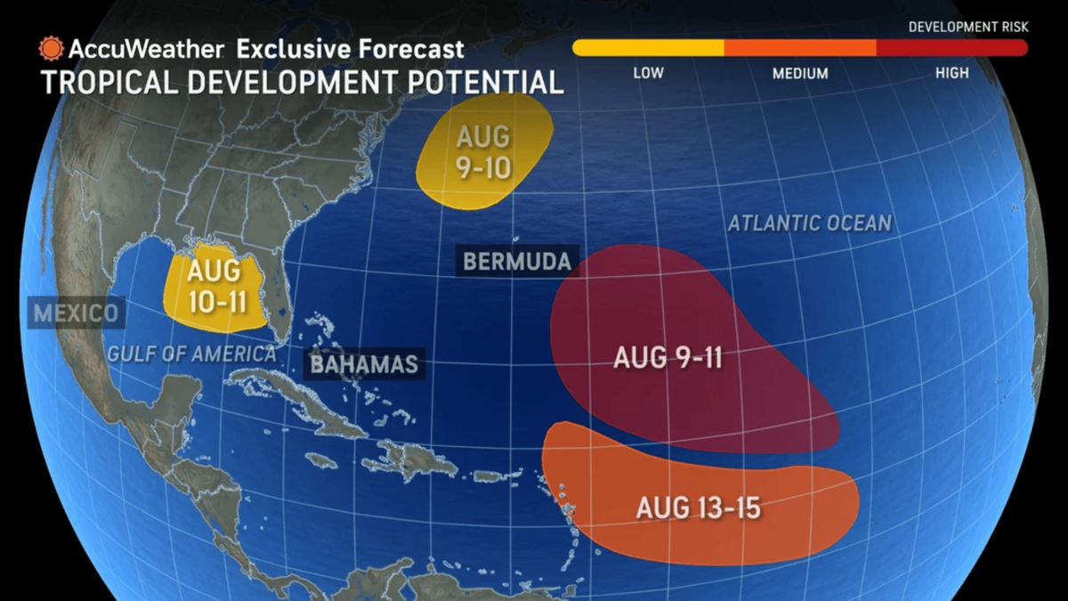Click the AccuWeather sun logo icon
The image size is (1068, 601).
51,48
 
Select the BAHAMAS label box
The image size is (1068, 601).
364,363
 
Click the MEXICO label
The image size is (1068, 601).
76,313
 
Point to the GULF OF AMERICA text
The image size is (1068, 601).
191,353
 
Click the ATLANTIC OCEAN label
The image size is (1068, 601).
809,223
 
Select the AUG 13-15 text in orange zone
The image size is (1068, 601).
699,508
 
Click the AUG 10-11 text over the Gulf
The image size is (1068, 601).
216,284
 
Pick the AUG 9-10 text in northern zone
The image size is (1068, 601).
483,152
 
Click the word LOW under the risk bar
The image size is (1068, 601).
648,73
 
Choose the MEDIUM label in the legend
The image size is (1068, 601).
800,73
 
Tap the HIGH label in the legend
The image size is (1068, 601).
951,73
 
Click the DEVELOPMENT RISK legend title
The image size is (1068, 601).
967,27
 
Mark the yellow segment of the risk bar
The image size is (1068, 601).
648,48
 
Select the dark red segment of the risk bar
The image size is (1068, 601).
952,48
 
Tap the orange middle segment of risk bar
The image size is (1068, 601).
800,48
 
